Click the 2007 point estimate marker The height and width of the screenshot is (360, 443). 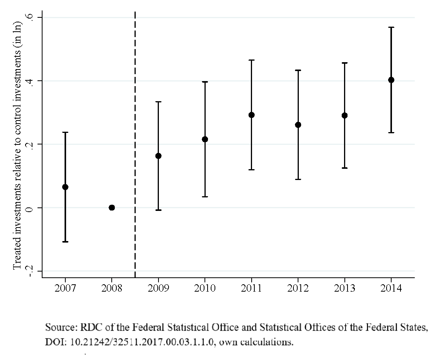pyautogui.click(x=65, y=187)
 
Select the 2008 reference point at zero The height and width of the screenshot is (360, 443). pyautogui.click(x=112, y=207)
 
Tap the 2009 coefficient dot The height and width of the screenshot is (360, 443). pyautogui.click(x=158, y=156)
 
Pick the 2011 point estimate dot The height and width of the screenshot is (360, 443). pyautogui.click(x=251, y=115)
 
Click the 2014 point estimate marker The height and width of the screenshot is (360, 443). pyautogui.click(x=391, y=80)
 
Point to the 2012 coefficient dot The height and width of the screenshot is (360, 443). pyautogui.click(x=298, y=125)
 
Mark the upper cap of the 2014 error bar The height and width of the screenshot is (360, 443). pyautogui.click(x=391, y=27)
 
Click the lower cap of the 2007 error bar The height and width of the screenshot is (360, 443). pyautogui.click(x=65, y=241)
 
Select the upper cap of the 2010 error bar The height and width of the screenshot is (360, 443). pyautogui.click(x=205, y=82)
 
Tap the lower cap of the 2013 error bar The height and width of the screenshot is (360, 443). pyautogui.click(x=344, y=168)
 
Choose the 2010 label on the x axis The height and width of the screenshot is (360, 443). pyautogui.click(x=205, y=289)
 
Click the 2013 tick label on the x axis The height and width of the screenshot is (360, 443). pyautogui.click(x=344, y=289)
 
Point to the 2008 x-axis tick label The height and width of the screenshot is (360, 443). pyautogui.click(x=112, y=289)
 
